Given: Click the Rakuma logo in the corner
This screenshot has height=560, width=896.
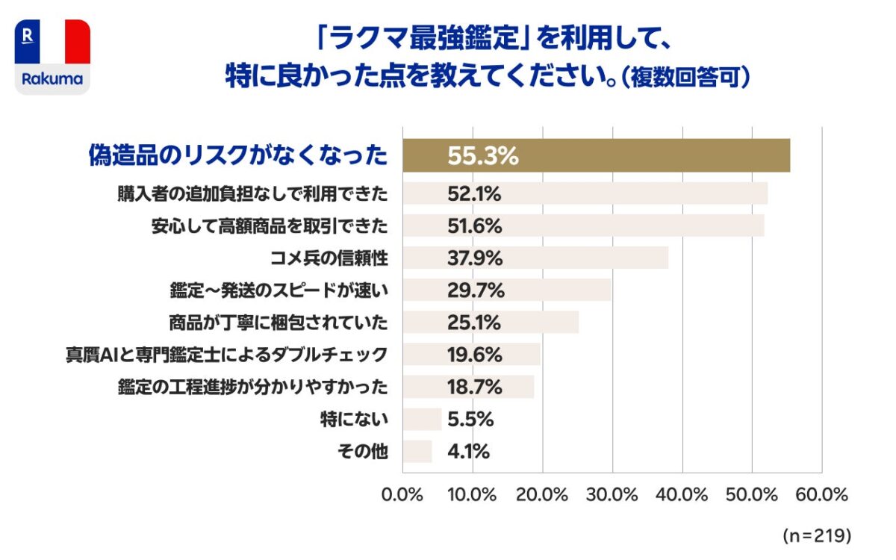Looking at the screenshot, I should coord(52,57).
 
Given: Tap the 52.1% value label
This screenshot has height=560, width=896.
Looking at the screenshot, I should coord(474,194).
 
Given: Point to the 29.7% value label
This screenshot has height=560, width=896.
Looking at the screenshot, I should coord(476,290).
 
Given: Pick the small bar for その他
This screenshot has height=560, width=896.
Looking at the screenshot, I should coord(417,451).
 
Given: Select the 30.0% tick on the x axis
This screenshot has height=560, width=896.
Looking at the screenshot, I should coord(613,495).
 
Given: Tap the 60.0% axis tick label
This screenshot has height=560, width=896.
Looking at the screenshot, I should coord(822,495).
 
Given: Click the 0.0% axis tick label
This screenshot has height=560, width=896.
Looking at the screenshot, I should coord(402,495).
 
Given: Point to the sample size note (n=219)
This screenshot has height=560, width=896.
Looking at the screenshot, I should coord(817,535).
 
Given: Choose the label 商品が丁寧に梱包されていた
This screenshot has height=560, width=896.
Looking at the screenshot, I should coord(279,323).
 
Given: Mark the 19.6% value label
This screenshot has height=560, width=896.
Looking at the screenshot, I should coord(475,355).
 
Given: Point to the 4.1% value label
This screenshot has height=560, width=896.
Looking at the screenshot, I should coord(469,451).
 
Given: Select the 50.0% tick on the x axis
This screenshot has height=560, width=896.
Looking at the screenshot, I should coord(752,495).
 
